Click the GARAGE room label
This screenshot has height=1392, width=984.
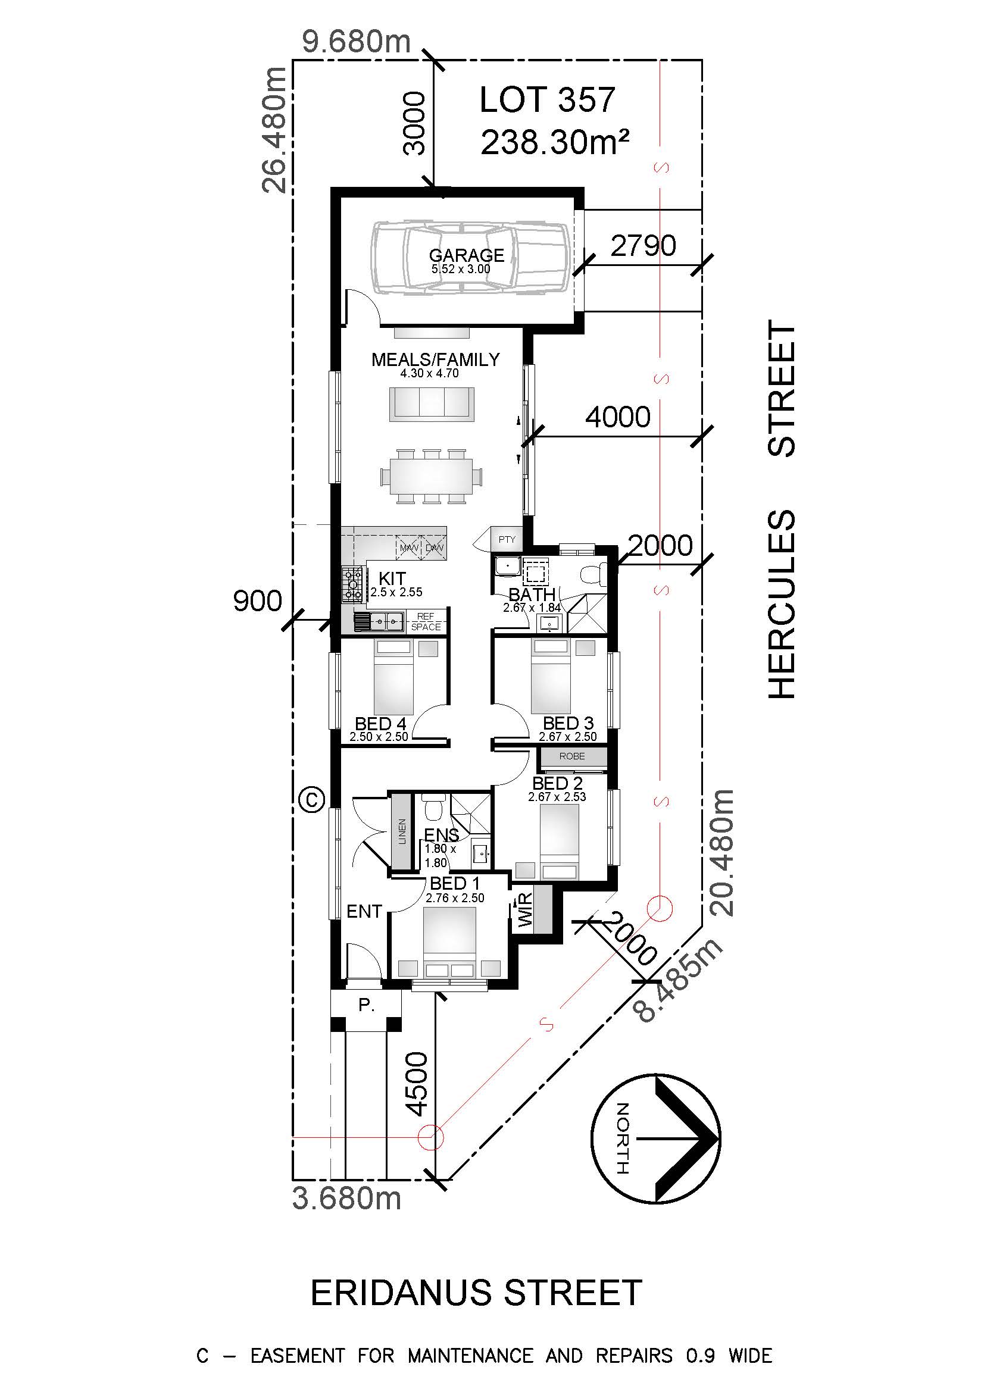[x=466, y=255]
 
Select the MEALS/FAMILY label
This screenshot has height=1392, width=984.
[x=435, y=359]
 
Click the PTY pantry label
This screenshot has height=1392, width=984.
[x=507, y=539]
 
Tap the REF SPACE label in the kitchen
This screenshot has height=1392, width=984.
[x=426, y=621]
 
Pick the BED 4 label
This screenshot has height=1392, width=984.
[x=380, y=723]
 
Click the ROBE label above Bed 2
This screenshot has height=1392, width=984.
[x=571, y=756]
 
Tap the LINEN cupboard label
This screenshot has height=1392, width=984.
[x=402, y=831]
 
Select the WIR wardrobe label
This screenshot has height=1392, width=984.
[x=525, y=911]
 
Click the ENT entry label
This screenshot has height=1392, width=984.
[x=364, y=911]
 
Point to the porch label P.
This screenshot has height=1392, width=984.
[x=366, y=1005]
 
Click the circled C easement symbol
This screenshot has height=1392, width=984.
[x=313, y=799]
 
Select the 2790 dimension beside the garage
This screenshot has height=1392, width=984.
[x=643, y=246]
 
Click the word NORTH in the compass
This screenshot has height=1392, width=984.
[x=622, y=1138]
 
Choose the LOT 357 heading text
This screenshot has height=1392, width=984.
[x=547, y=100]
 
